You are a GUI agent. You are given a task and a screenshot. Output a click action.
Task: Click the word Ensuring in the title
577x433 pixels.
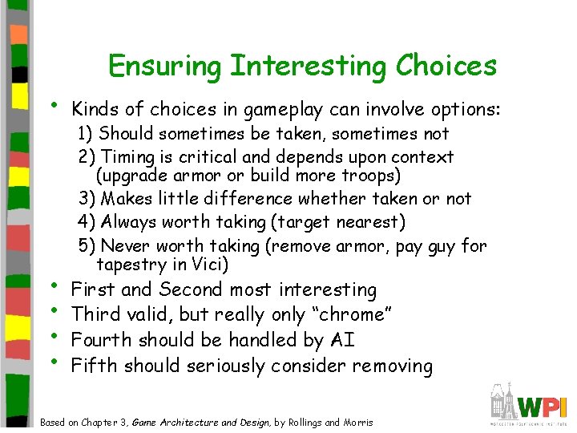166,66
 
